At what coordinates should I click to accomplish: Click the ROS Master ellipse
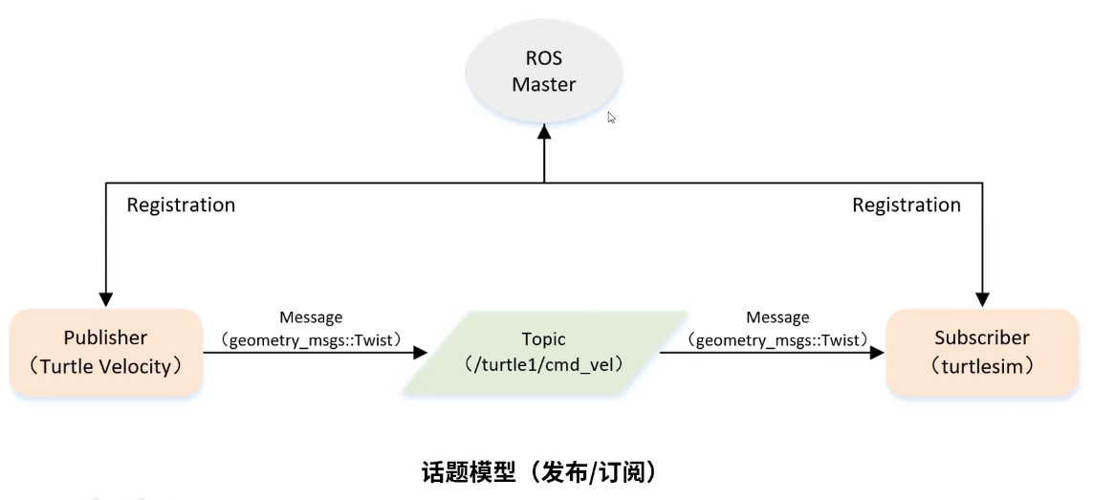pos(543,73)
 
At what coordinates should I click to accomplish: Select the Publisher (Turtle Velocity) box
pos(106,352)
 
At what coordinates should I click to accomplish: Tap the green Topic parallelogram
pos(543,352)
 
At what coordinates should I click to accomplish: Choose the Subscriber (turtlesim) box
pos(982,352)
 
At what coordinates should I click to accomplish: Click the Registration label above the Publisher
pos(181,205)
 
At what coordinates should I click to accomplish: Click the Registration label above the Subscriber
pos(907,205)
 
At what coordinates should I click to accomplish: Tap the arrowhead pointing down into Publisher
pos(106,299)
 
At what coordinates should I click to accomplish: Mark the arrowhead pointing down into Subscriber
pos(983,299)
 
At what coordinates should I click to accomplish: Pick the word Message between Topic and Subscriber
pos(778,317)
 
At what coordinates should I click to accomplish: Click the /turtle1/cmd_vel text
pos(543,364)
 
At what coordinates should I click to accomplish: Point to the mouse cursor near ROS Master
pos(611,117)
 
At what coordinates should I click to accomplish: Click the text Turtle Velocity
pos(106,365)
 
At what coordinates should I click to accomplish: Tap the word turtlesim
pos(982,365)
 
